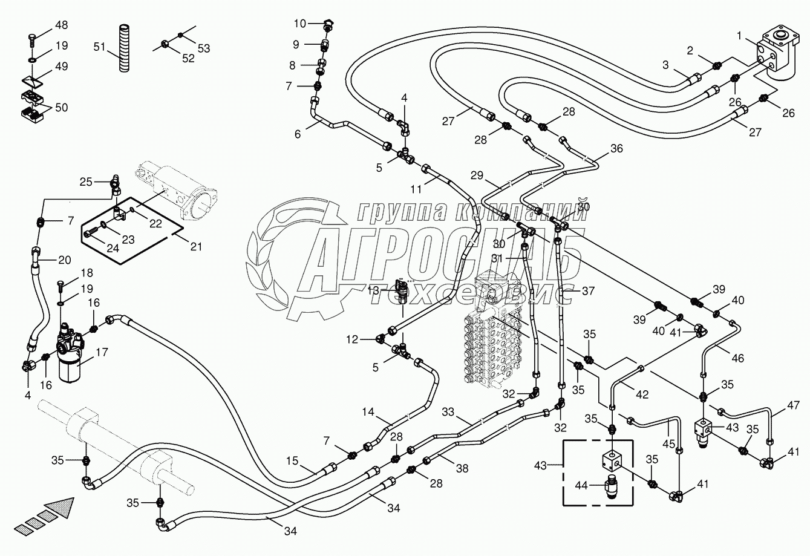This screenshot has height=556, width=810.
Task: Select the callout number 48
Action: (62, 25)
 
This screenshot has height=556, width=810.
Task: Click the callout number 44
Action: (580, 485)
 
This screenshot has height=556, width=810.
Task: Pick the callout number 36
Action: (616, 148)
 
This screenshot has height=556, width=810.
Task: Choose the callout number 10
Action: (301, 24)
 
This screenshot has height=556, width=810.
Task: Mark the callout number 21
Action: (195, 246)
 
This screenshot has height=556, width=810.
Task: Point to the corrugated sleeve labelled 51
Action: (124, 48)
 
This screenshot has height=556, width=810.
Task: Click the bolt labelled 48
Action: (32, 40)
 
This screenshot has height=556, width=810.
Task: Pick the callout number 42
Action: (642, 394)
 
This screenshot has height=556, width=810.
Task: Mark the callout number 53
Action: (204, 48)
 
